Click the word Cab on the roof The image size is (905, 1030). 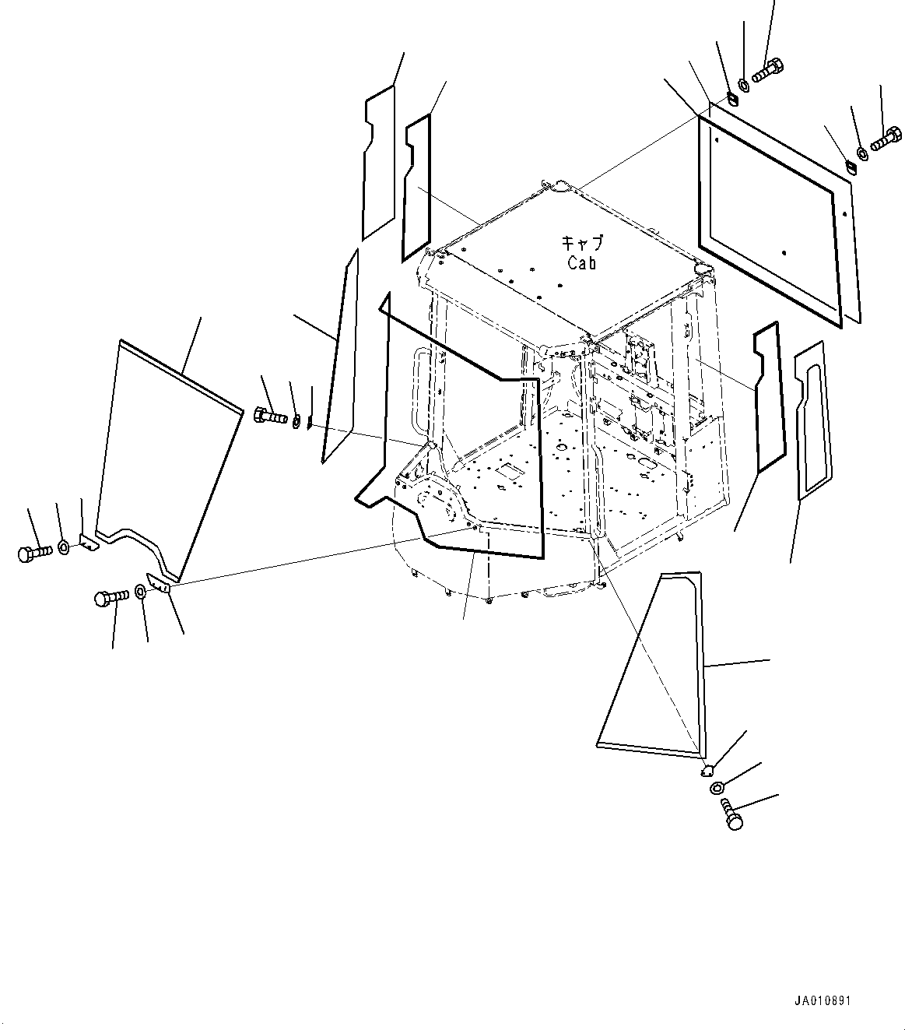tap(582, 263)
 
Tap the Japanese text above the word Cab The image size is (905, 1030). tap(583, 242)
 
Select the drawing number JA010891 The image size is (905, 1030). tap(823, 1001)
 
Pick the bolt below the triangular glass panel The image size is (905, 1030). tap(730, 814)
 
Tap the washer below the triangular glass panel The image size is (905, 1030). tap(717, 788)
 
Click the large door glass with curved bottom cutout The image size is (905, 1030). tap(167, 458)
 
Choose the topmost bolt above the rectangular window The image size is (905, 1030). tap(767, 70)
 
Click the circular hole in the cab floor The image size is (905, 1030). tap(561, 448)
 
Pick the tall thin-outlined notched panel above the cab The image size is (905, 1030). tap(378, 163)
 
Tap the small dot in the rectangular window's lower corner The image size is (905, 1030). tap(784, 253)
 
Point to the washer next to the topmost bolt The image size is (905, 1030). tap(743, 86)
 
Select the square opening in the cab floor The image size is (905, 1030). tap(509, 469)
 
